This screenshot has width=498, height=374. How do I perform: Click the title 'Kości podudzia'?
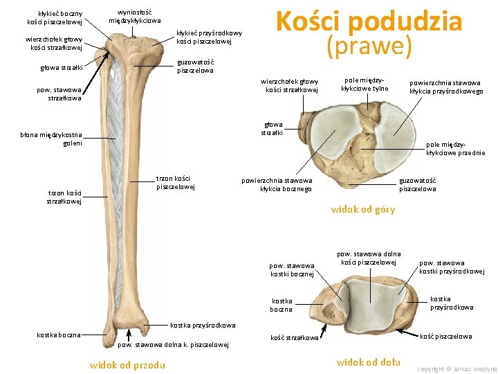tap(368, 21)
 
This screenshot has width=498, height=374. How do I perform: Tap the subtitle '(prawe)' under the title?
tap(369, 47)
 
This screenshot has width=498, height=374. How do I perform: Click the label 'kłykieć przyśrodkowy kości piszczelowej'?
tap(209, 37)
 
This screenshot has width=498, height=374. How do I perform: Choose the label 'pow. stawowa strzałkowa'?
tap(59, 93)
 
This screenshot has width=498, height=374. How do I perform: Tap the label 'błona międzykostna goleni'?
tap(52, 139)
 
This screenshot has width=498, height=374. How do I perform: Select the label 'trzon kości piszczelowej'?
tap(176, 182)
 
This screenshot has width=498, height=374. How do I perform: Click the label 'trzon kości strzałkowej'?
tap(64, 197)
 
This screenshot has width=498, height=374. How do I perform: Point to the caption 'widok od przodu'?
tap(127, 365)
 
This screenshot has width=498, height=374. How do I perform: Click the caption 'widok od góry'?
tap(363, 209)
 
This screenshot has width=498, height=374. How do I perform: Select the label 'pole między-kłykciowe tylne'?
tap(365, 84)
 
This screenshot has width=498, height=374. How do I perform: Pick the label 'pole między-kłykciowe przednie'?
tap(455, 148)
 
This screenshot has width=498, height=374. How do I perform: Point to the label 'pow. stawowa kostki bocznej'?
tap(291, 269)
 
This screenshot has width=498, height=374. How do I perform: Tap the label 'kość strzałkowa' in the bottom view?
tap(295, 338)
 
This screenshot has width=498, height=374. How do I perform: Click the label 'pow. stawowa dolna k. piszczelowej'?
tap(174, 344)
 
